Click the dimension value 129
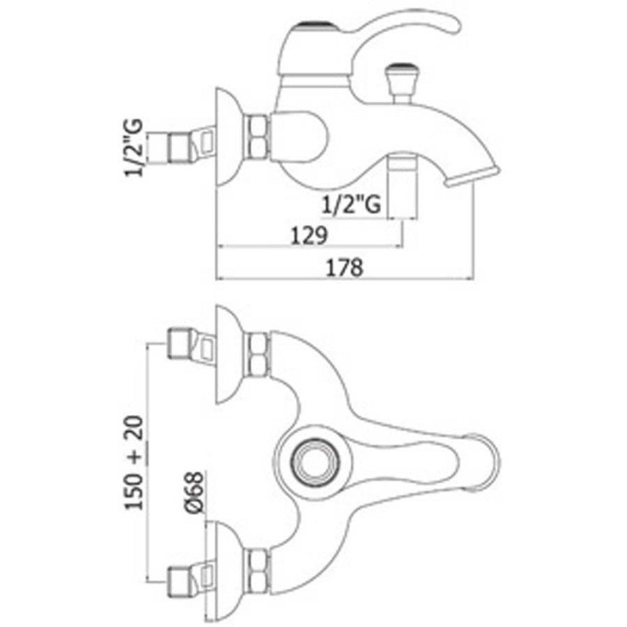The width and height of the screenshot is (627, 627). (x=308, y=234)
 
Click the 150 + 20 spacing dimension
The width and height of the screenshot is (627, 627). (x=134, y=464)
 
